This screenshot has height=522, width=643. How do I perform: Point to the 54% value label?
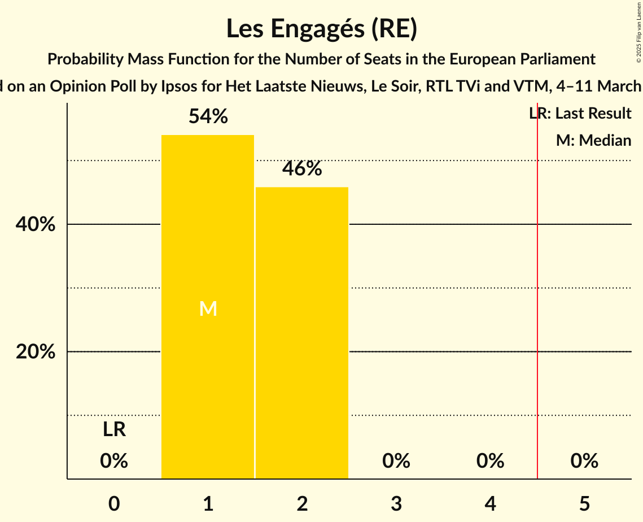pos(208,117)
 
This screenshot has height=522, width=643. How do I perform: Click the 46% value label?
pos(302,169)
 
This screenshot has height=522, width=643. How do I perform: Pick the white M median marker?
pos(208,308)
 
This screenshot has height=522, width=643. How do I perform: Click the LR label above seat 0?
pos(114,430)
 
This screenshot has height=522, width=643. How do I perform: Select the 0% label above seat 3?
pos(396,461)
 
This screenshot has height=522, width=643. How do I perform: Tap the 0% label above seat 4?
pos(490,461)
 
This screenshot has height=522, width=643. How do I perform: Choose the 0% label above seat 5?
pos(584,461)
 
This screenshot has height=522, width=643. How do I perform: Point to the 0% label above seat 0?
pos(114,461)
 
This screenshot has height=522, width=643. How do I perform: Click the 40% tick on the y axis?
pos(36,225)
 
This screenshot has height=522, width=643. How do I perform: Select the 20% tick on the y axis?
pos(36,352)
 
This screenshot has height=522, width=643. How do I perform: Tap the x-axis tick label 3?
pos(396,503)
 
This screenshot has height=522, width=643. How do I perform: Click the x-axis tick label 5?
pos(584,503)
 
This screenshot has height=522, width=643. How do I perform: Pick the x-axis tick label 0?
pos(114,503)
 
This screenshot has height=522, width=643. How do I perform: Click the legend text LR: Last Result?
pos(580,114)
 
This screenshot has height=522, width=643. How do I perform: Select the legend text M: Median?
pos(593,140)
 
